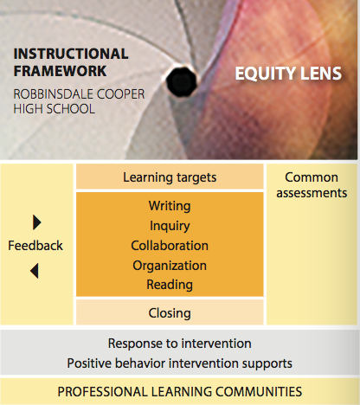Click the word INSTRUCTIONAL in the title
[71, 54]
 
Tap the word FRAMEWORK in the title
[60, 71]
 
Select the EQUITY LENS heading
[288, 74]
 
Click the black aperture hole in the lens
[181, 81]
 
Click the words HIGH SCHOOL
[54, 109]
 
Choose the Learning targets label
[170, 177]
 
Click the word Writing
[170, 206]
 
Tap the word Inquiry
[170, 226]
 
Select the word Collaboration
[170, 246]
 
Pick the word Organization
[170, 266]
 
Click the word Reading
[170, 285]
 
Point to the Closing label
[170, 313]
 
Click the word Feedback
[35, 246]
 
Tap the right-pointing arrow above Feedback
[37, 222]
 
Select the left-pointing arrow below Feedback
[35, 271]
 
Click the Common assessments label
[312, 185]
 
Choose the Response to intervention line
[180, 344]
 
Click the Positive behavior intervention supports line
[180, 363]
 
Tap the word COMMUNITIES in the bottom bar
[259, 392]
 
